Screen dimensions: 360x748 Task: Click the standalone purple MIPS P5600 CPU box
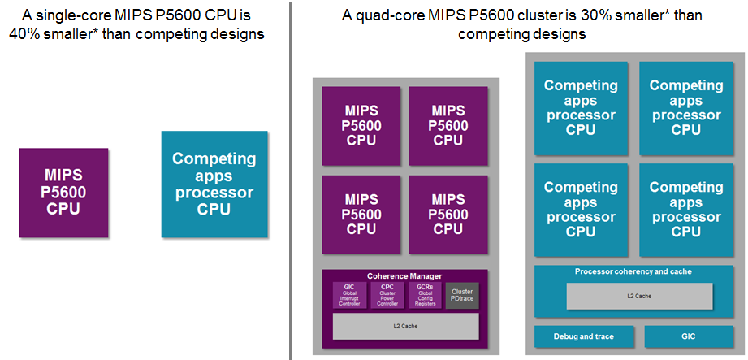pyautogui.click(x=63, y=193)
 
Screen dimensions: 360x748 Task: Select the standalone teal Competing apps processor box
pyautogui.click(x=214, y=184)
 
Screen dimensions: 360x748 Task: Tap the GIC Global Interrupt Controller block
pyautogui.click(x=350, y=295)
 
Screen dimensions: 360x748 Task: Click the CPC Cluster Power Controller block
pyautogui.click(x=387, y=295)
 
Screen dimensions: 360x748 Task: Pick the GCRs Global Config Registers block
pyautogui.click(x=425, y=295)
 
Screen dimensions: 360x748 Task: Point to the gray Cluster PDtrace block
pyautogui.click(x=462, y=295)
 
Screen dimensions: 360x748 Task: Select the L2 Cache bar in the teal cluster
pyautogui.click(x=638, y=295)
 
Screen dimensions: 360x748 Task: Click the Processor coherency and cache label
pyautogui.click(x=633, y=271)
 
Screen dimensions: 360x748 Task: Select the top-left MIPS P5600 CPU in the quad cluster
pyautogui.click(x=361, y=124)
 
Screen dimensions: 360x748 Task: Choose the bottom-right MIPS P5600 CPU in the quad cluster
pyautogui.click(x=448, y=214)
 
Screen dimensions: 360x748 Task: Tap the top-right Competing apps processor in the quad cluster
pyautogui.click(x=686, y=107)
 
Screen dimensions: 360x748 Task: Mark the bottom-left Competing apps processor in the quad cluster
pyautogui.click(x=581, y=210)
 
